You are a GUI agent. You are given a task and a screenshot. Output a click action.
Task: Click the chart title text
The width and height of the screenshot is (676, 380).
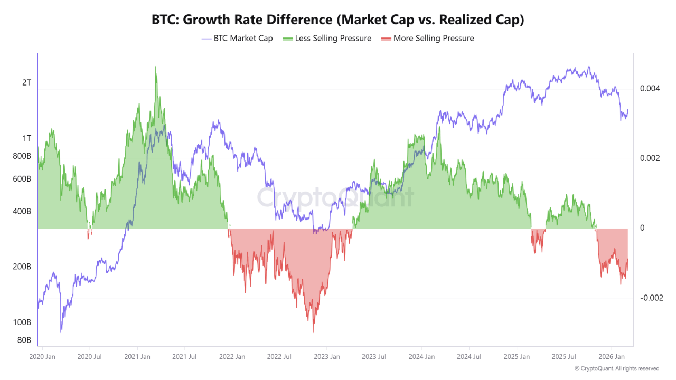click(338, 20)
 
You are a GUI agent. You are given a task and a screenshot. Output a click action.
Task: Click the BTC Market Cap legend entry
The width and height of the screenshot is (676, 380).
click(237, 39)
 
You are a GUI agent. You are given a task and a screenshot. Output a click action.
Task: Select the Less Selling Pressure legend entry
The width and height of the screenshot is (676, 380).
click(327, 39)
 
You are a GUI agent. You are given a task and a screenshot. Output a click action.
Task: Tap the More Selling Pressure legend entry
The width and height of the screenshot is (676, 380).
click(427, 39)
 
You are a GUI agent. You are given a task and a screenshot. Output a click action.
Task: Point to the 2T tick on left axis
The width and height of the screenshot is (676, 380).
click(26, 82)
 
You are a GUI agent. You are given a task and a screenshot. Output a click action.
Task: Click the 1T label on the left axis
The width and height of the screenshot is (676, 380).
click(26, 138)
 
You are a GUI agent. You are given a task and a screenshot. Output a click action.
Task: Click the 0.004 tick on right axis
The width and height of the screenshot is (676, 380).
click(650, 89)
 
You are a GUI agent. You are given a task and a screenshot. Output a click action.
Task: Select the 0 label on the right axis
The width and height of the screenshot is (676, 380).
click(642, 228)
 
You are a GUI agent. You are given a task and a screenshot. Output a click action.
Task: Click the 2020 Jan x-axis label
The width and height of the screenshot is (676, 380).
click(43, 357)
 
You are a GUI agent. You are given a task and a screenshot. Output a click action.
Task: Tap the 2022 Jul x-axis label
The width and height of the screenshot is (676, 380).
click(279, 357)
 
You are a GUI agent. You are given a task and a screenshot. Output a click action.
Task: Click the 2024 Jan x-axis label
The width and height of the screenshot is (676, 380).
click(421, 357)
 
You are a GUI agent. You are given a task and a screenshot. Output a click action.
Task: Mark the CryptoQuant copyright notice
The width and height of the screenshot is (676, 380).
click(616, 368)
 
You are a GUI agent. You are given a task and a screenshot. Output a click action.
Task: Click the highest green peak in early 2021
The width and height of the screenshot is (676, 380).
click(155, 68)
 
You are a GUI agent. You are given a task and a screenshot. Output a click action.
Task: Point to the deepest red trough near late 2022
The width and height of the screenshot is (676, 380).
click(314, 331)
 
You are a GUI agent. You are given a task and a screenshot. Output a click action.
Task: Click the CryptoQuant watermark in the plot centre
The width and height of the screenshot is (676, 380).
click(335, 197)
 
